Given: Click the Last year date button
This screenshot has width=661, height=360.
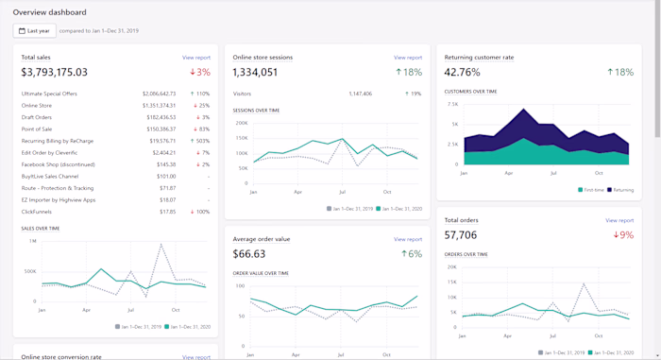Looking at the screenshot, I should tap(34, 30).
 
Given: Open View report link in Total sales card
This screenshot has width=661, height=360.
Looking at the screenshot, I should tap(196, 58).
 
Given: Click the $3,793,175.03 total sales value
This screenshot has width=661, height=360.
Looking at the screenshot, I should tap(55, 72).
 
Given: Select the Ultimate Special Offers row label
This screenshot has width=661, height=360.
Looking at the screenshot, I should tap(49, 94).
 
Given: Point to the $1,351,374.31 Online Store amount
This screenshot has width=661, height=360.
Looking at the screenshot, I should tap(159, 105).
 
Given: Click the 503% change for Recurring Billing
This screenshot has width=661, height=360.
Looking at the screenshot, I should tap(199, 141).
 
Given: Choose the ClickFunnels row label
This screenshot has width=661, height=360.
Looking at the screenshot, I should tap(37, 212).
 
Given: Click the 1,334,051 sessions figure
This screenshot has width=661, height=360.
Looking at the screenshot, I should tap(255, 72).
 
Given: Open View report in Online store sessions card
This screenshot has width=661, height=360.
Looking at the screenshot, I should tap(408, 58).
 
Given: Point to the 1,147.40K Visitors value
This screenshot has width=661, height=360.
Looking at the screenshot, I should tap(360, 94).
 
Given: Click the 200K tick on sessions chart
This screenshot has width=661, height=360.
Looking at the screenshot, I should tap(241, 123).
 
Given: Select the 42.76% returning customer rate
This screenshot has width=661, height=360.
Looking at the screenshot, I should tap(463, 72).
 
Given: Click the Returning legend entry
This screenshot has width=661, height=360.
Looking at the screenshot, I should tap(620, 190).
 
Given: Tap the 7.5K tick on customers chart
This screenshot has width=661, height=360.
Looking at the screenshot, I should tap(452, 104).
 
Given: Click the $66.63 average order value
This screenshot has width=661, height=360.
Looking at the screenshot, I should tap(249, 254).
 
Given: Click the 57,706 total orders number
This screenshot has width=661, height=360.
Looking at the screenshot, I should tap(461, 235).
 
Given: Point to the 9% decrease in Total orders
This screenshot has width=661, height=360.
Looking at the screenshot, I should tap(623, 235).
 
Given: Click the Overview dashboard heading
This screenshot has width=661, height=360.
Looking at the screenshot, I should tap(49, 12).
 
